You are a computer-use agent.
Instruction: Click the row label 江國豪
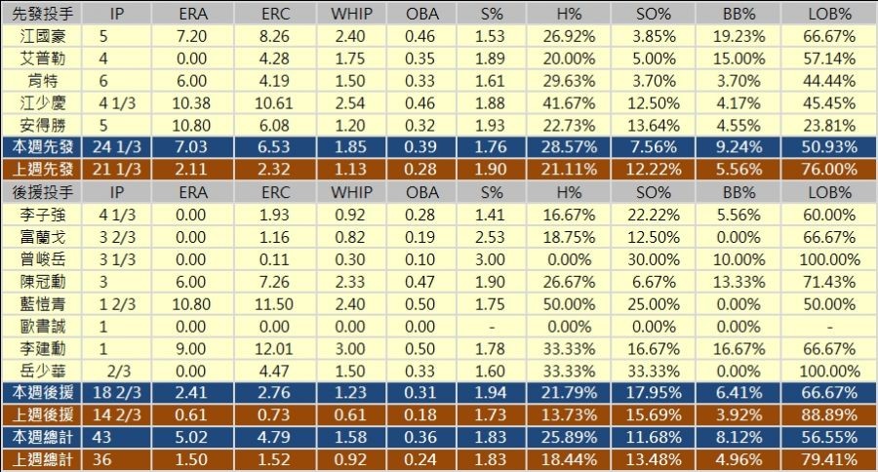(41, 36)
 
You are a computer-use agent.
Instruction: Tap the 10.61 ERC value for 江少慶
(274, 102)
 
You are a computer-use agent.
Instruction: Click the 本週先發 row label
(41, 146)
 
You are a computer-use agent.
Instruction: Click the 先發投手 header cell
(41, 14)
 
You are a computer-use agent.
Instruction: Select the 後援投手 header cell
(41, 191)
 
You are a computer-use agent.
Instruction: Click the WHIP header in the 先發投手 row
(351, 14)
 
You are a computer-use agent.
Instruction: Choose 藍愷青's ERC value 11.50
(274, 303)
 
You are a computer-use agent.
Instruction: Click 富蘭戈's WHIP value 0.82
(351, 236)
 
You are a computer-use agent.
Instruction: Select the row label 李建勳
(41, 348)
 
